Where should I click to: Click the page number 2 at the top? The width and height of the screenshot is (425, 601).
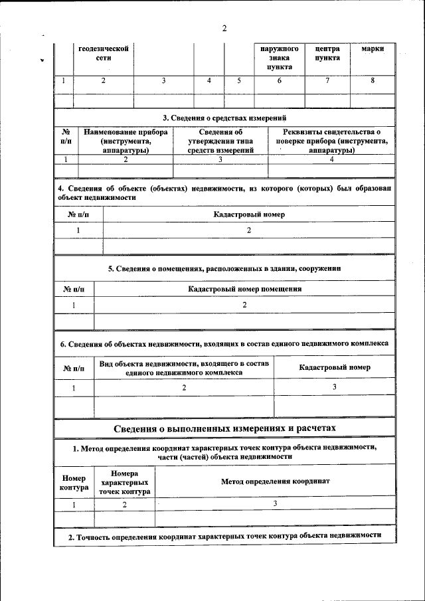[224, 28]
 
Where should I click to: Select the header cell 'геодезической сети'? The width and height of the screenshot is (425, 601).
[103, 53]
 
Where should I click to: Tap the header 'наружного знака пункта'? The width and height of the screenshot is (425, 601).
[279, 58]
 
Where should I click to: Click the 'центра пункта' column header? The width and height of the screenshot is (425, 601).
[327, 53]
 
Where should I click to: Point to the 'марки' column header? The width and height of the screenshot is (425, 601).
[373, 49]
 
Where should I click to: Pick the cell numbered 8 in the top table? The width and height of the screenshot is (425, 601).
[373, 80]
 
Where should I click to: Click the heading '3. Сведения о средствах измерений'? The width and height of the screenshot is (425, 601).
[224, 118]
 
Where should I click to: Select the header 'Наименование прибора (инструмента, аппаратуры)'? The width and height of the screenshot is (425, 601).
[126, 141]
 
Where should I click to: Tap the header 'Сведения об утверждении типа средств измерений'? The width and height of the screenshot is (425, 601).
[220, 141]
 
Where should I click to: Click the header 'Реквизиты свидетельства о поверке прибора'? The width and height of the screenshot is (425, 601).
[331, 141]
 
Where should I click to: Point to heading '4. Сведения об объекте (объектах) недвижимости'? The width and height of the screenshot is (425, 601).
[224, 193]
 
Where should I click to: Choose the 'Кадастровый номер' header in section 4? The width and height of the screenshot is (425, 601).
[249, 215]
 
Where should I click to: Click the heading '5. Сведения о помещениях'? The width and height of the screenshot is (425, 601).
[224, 269]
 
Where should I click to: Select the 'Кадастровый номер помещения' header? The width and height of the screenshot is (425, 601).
[244, 289]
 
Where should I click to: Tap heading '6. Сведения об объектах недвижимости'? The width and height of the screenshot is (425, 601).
[224, 344]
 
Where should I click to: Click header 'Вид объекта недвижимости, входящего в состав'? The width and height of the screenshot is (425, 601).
[184, 368]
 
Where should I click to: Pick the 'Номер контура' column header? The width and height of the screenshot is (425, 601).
[74, 483]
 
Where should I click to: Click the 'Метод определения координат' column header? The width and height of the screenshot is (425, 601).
[275, 481]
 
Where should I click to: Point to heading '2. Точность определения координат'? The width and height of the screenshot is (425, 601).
[224, 535]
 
